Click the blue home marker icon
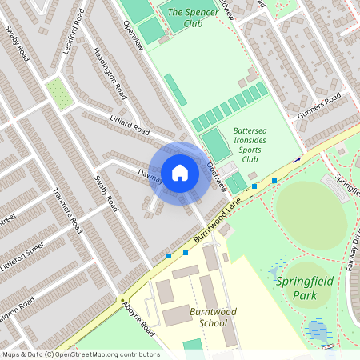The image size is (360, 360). [180, 173]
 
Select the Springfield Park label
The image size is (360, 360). [304, 288]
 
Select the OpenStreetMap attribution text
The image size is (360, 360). [80, 354]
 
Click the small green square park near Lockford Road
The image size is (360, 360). [58, 94]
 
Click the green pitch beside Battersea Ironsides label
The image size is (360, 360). [214, 145]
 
